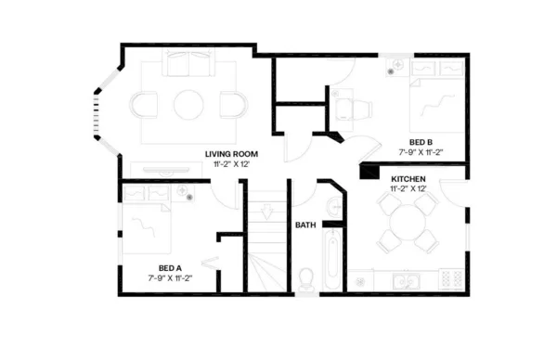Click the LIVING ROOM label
231,153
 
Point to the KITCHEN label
408,178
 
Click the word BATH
305,225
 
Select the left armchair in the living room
147,103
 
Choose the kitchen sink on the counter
405,279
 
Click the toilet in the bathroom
307,278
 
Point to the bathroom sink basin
332,206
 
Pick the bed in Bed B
434,102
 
